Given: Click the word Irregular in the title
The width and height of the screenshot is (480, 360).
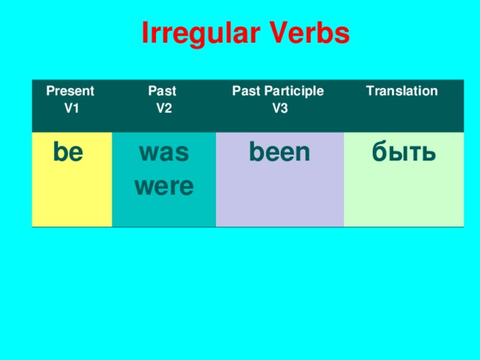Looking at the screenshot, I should pyautogui.click(x=195, y=34).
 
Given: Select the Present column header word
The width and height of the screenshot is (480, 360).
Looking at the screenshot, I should pyautogui.click(x=70, y=91).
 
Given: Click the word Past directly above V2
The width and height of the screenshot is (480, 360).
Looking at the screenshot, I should pyautogui.click(x=162, y=91).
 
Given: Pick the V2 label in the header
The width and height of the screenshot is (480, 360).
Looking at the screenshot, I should pyautogui.click(x=164, y=108).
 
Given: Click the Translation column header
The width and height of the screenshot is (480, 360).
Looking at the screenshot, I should pyautogui.click(x=401, y=91).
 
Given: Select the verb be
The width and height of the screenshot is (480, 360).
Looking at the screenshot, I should pyautogui.click(x=68, y=152).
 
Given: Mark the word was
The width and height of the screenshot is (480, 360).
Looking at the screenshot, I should pyautogui.click(x=164, y=154).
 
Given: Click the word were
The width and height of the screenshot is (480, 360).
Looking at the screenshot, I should pyautogui.click(x=164, y=185).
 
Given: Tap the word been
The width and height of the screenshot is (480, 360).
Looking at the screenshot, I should pyautogui.click(x=280, y=152).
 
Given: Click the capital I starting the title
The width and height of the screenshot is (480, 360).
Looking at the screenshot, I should pyautogui.click(x=145, y=34).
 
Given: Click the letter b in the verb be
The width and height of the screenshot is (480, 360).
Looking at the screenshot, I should pyautogui.click(x=60, y=152).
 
